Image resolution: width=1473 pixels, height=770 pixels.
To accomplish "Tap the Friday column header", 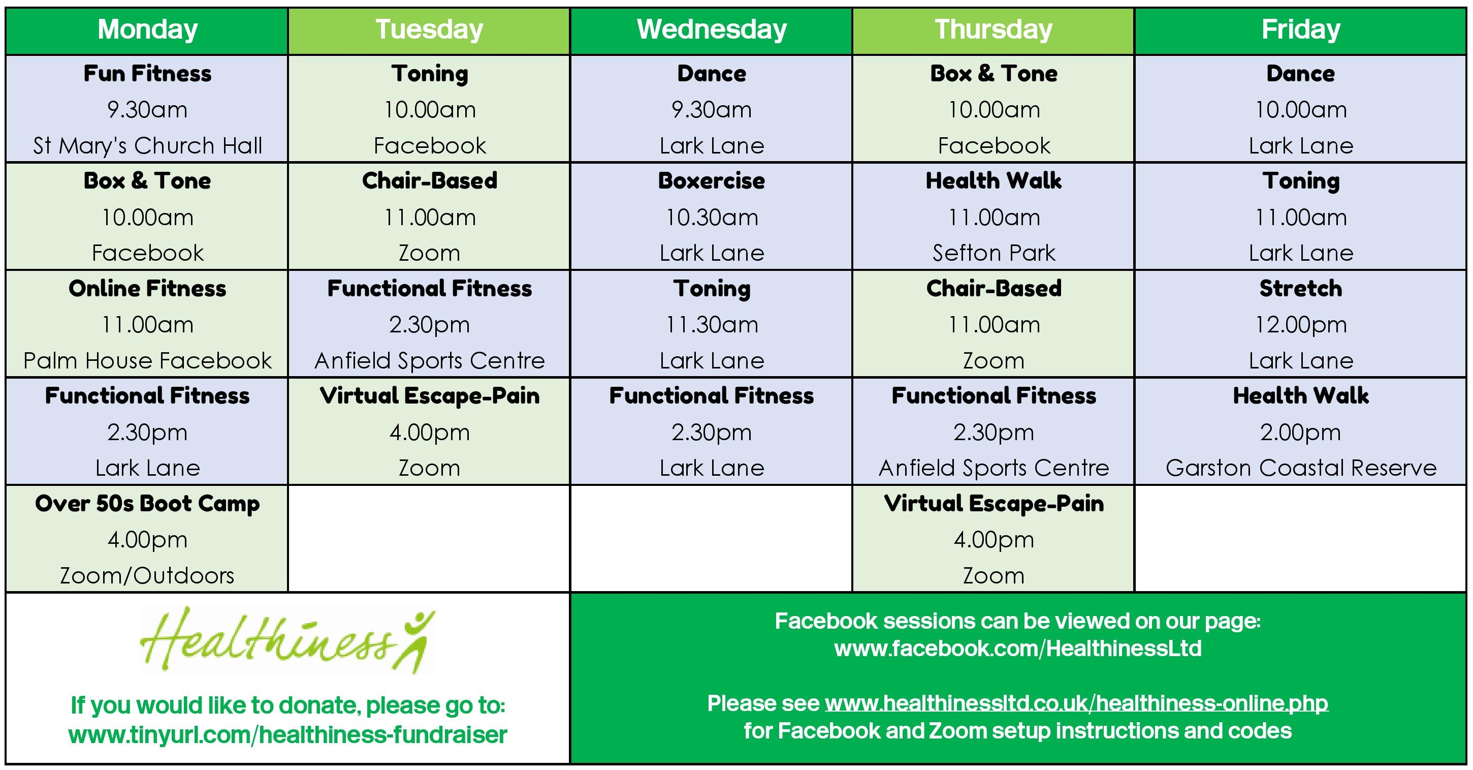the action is pyautogui.click(x=1300, y=29).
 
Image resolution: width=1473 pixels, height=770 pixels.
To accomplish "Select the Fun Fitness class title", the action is pyautogui.click(x=147, y=73).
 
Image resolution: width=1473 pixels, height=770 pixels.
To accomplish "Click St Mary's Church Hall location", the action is pyautogui.click(x=147, y=145).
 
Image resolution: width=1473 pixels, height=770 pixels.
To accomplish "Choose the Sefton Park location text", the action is pyautogui.click(x=994, y=253).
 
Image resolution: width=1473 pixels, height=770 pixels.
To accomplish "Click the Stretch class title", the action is pyautogui.click(x=1300, y=288).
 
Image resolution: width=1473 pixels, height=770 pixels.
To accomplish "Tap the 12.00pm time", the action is pyautogui.click(x=1300, y=325).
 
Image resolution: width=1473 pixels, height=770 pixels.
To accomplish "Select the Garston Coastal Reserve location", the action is pyautogui.click(x=1301, y=468).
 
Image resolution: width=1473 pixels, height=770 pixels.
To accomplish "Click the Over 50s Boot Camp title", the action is pyautogui.click(x=147, y=503).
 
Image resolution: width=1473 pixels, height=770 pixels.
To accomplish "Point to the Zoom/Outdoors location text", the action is pyautogui.click(x=147, y=575).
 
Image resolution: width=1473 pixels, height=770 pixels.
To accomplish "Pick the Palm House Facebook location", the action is pyautogui.click(x=147, y=360).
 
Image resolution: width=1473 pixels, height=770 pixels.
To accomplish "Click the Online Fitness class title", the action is pyautogui.click(x=147, y=288).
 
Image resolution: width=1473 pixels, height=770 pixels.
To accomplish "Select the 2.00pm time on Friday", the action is pyautogui.click(x=1300, y=433).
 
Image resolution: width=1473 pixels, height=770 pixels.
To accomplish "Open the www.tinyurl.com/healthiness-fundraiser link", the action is pyautogui.click(x=287, y=734).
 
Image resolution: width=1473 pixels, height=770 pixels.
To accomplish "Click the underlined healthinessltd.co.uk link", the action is pyautogui.click(x=1076, y=703).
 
